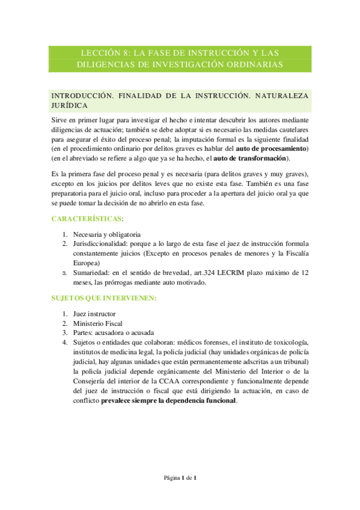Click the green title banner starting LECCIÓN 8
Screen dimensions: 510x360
pos(180,58)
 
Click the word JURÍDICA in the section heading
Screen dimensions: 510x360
pos(72,104)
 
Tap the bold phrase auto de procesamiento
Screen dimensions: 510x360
pos(272,148)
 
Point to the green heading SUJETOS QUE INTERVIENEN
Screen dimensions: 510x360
pos(104,298)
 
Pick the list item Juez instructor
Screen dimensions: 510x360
pos(94,314)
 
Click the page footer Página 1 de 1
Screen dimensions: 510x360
pos(180,478)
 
